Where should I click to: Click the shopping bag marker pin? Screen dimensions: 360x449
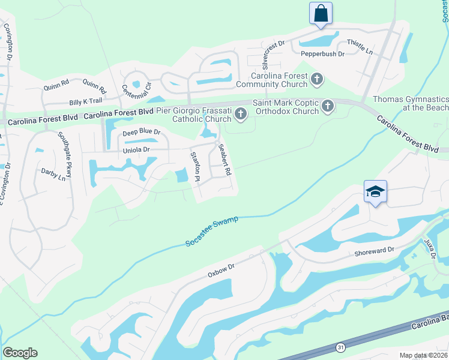pyautogui.click(x=321, y=13)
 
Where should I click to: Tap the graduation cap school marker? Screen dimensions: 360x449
pyautogui.click(x=375, y=192)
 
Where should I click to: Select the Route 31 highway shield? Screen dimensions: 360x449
pyautogui.click(x=340, y=347)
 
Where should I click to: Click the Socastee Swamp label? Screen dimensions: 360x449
pyautogui.click(x=212, y=231)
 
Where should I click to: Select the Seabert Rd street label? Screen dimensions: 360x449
pyautogui.click(x=224, y=160)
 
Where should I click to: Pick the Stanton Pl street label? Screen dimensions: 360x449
pyautogui.click(x=194, y=166)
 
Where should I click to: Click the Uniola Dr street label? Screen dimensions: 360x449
pyautogui.click(x=136, y=149)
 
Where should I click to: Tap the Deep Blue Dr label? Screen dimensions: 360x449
pyautogui.click(x=142, y=131)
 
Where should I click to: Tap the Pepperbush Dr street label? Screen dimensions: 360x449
pyautogui.click(x=322, y=54)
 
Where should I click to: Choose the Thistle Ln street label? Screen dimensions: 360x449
pyautogui.click(x=360, y=47)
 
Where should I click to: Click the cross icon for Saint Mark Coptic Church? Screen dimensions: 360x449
pyautogui.click(x=327, y=106)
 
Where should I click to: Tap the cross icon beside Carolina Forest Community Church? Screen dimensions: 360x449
pyautogui.click(x=317, y=79)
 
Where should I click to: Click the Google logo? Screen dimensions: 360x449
pyautogui.click(x=20, y=353)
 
